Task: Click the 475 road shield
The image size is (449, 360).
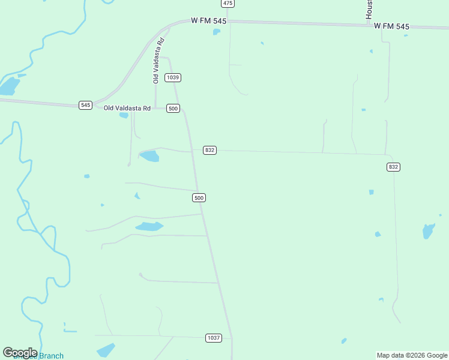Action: tap(227, 4)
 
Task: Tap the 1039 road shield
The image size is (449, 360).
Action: tap(173, 77)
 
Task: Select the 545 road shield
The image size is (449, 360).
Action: tap(85, 105)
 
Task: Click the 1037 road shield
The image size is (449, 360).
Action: tap(214, 338)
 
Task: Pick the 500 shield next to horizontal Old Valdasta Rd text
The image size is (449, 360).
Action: tap(173, 108)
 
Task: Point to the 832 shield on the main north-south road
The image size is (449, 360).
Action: tap(209, 150)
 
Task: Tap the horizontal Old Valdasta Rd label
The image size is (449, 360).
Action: tap(127, 108)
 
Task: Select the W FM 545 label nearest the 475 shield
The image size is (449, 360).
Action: tap(208, 21)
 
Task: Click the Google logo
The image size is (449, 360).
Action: tap(20, 353)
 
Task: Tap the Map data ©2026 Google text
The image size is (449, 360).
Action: tap(412, 355)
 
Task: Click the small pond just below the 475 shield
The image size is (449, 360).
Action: tap(217, 32)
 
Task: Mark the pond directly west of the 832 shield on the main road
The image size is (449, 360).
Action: tap(149, 157)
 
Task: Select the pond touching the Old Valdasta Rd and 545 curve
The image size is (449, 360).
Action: tap(124, 115)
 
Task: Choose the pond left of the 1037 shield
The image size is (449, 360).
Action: tap(106, 350)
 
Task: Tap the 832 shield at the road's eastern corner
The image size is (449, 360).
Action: tap(393, 167)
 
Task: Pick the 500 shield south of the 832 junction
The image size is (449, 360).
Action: tap(199, 198)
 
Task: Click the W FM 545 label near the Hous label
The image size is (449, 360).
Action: tap(391, 26)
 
